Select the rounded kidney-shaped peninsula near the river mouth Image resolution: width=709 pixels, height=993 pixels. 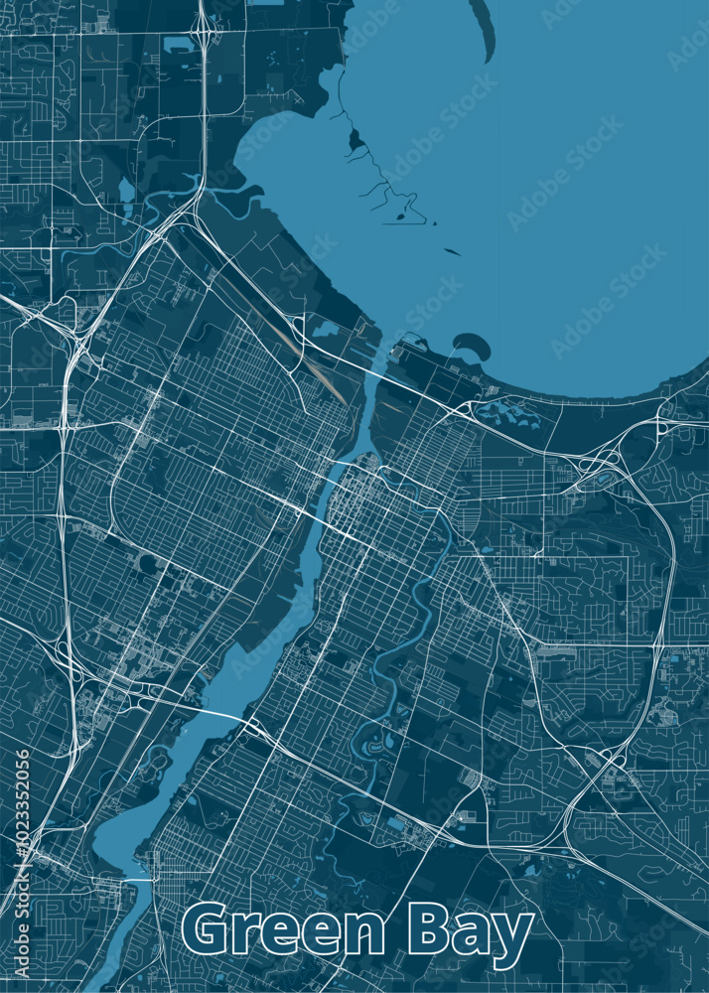472,345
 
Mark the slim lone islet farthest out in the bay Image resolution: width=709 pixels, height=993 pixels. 453,251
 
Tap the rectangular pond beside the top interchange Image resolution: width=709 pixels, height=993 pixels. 179,44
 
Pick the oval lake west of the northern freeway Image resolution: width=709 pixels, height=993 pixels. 126,189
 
